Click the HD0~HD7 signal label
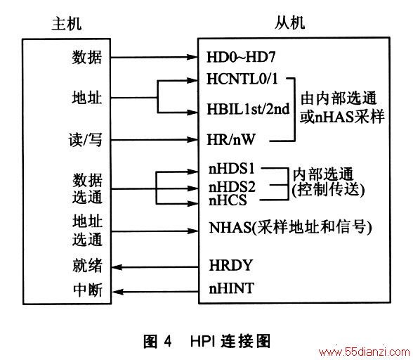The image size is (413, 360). coord(241,57)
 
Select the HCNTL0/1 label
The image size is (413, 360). coord(242,79)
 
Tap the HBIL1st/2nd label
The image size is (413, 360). coord(248,109)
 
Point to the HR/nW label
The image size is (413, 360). coord(231,139)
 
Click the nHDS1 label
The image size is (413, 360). coord(232,169)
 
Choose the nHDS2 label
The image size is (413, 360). coord(232,187)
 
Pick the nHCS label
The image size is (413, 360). coord(228,200)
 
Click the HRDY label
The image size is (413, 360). coord(230,265)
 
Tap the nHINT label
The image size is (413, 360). coord(232,288)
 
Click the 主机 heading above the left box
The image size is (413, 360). coord(66,24)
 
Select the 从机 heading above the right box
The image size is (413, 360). coord(289,22)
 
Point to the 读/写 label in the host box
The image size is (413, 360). coord(85,139)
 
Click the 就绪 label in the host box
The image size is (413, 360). coord(87,265)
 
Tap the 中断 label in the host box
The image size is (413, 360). coord(87,290)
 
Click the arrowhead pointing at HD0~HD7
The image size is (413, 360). coord(192,57)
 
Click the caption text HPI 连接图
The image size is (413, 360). coord(230,341)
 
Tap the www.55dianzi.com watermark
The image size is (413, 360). coord(364,352)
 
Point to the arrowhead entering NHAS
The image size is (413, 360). coord(192,231)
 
